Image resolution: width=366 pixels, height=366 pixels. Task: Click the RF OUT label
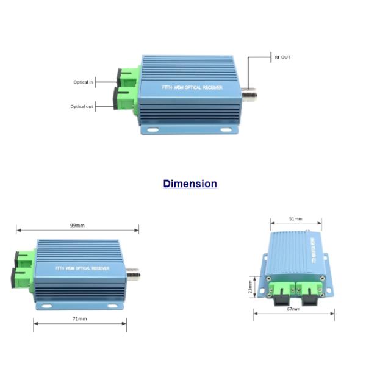[282, 57]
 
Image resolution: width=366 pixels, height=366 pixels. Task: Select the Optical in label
[84, 82]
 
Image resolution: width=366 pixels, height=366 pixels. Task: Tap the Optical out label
[82, 106]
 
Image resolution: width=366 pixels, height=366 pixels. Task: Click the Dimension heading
[190, 184]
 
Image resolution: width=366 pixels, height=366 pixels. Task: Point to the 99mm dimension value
[77, 225]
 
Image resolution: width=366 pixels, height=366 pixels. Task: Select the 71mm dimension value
[80, 318]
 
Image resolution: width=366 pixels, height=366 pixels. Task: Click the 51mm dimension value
[296, 218]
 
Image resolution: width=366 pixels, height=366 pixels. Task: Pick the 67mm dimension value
[293, 309]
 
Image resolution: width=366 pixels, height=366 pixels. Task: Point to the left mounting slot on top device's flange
[152, 129]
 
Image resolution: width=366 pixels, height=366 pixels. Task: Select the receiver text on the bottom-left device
[81, 267]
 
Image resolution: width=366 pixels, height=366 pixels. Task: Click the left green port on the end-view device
[282, 287]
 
